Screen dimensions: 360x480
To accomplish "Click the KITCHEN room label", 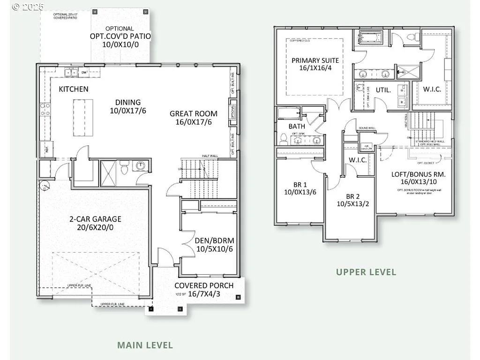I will click(74, 89).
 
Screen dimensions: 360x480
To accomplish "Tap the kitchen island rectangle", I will click(82, 118).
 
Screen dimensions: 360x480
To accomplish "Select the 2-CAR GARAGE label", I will click(95, 219).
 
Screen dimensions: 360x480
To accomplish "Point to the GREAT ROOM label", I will click(194, 113).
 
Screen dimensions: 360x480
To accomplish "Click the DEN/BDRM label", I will click(214, 241).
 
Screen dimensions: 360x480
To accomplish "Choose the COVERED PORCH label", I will click(197, 285).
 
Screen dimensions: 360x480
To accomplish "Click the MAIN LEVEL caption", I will click(145, 345).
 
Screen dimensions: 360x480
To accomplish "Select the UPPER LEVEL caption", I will click(366, 272).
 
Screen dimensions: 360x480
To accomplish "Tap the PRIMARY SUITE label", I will click(315, 60).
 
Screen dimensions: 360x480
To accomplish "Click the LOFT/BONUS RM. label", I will click(419, 174).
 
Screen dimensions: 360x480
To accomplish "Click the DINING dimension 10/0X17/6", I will click(128, 111).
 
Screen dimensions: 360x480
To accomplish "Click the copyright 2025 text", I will click(28, 7).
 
